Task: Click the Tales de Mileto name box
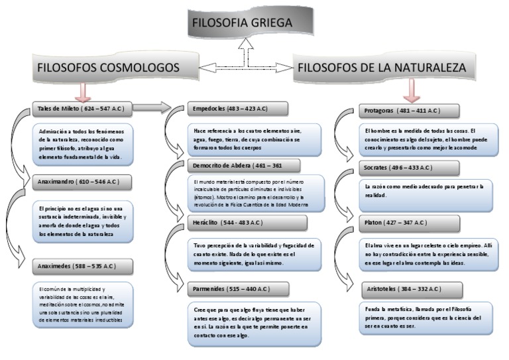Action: click(x=82, y=107)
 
